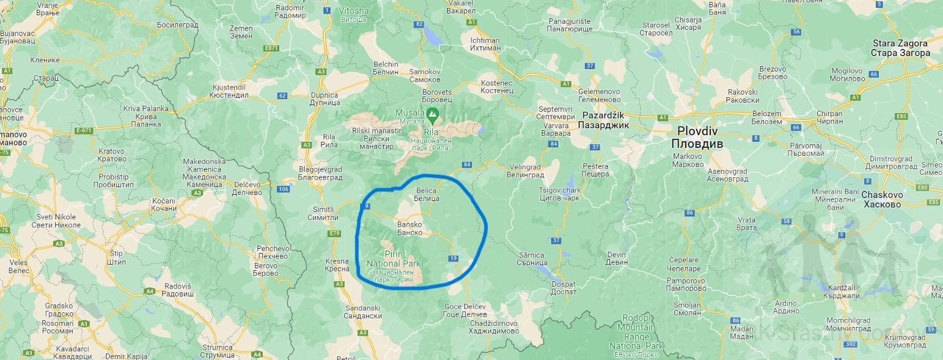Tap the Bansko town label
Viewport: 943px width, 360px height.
tap(410, 228)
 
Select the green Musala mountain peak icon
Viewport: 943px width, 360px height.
tap(433, 113)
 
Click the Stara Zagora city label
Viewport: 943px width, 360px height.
tap(900, 48)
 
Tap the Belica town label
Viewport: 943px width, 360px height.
tap(427, 195)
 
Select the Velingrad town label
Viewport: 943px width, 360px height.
tap(525, 171)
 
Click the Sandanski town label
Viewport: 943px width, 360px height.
tap(363, 312)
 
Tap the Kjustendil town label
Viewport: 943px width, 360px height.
tap(228, 91)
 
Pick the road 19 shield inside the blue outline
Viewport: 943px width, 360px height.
tap(453, 259)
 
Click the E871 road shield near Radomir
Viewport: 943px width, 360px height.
tap(271, 48)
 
